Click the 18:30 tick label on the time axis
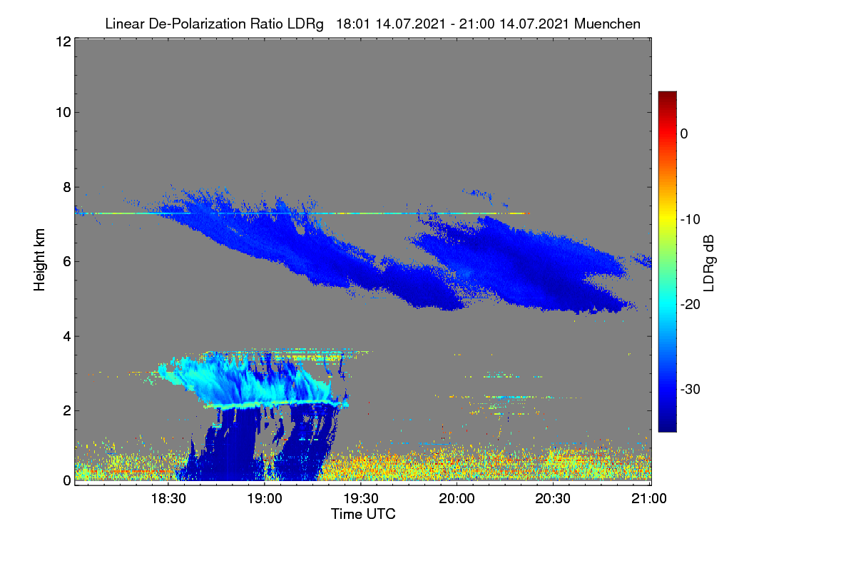pyautogui.click(x=168, y=498)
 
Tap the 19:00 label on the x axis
pyautogui.click(x=265, y=498)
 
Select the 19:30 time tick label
pyautogui.click(x=361, y=498)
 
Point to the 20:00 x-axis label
pyautogui.click(x=457, y=498)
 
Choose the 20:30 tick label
pyautogui.click(x=553, y=498)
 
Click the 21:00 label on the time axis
pyautogui.click(x=649, y=498)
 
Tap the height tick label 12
pyautogui.click(x=63, y=41)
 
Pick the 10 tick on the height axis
pyautogui.click(x=63, y=113)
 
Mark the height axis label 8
pyautogui.click(x=67, y=188)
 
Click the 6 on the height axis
pyautogui.click(x=67, y=262)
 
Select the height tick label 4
pyautogui.click(x=67, y=337)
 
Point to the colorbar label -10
pyautogui.click(x=691, y=220)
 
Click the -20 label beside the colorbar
pyautogui.click(x=691, y=305)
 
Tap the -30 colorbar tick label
pyautogui.click(x=691, y=389)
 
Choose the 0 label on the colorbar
pyautogui.click(x=684, y=134)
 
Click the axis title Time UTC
pyautogui.click(x=363, y=514)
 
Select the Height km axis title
pyautogui.click(x=39, y=260)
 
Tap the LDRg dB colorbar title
pyautogui.click(x=708, y=263)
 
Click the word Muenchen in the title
pyautogui.click(x=607, y=24)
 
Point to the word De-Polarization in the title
pyautogui.click(x=198, y=24)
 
